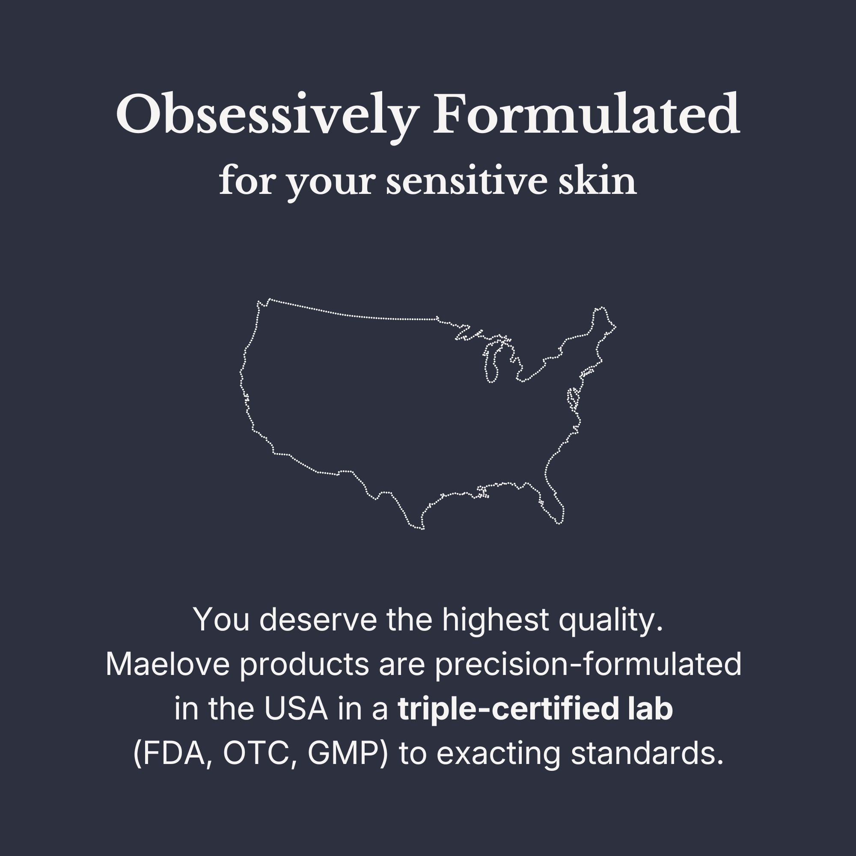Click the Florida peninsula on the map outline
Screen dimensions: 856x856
(x=554, y=502)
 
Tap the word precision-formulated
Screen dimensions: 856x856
(x=588, y=666)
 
